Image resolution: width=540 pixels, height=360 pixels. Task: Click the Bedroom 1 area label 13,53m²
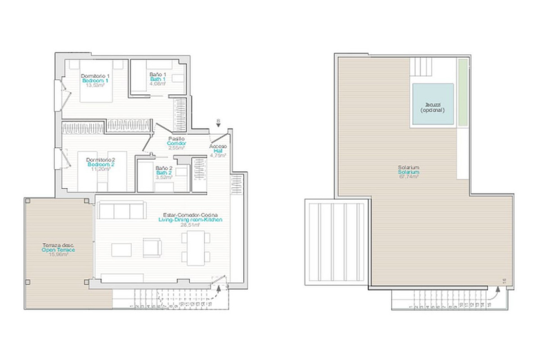click(95, 85)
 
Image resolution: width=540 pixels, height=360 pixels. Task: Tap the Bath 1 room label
click(157, 79)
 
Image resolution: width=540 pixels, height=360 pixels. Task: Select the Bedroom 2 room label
click(101, 165)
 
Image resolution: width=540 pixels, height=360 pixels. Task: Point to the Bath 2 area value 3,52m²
click(164, 177)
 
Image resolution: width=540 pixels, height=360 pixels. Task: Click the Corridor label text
click(176, 143)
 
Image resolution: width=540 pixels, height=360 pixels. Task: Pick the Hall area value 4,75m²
click(218, 155)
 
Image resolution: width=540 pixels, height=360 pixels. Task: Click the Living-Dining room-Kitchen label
click(190, 220)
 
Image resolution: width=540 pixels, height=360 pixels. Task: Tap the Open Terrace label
click(58, 250)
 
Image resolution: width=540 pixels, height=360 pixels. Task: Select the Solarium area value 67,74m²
click(409, 177)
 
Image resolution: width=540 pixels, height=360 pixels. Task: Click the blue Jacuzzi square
click(433, 104)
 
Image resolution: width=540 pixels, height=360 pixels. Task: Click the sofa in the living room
click(122, 210)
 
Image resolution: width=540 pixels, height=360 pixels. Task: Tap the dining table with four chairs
click(196, 248)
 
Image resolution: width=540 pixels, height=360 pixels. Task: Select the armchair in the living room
click(152, 247)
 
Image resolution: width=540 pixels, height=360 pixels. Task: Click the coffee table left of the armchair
click(121, 250)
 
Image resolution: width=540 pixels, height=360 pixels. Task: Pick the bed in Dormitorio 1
click(96, 82)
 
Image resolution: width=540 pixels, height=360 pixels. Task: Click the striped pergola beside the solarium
click(336, 242)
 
